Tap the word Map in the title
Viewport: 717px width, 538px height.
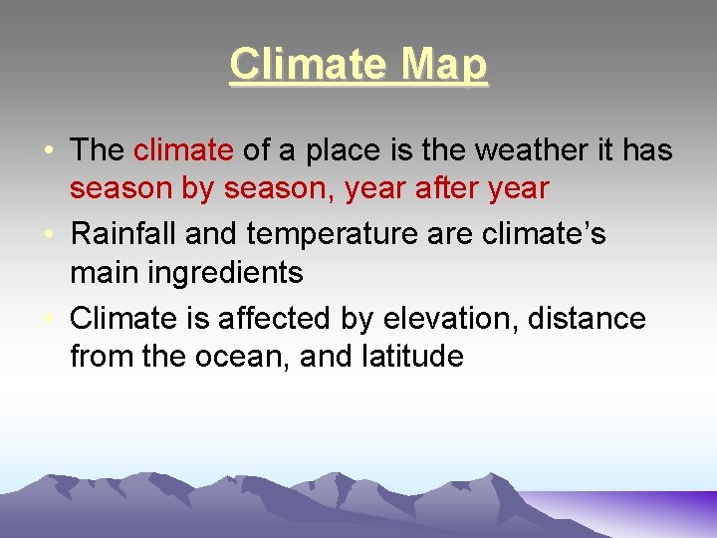click(x=444, y=66)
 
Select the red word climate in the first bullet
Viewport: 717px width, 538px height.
click(x=183, y=150)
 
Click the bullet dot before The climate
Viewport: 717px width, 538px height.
click(x=49, y=151)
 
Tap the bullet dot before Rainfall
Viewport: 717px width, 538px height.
click(x=49, y=235)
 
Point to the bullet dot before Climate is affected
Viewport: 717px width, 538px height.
click(x=49, y=320)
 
